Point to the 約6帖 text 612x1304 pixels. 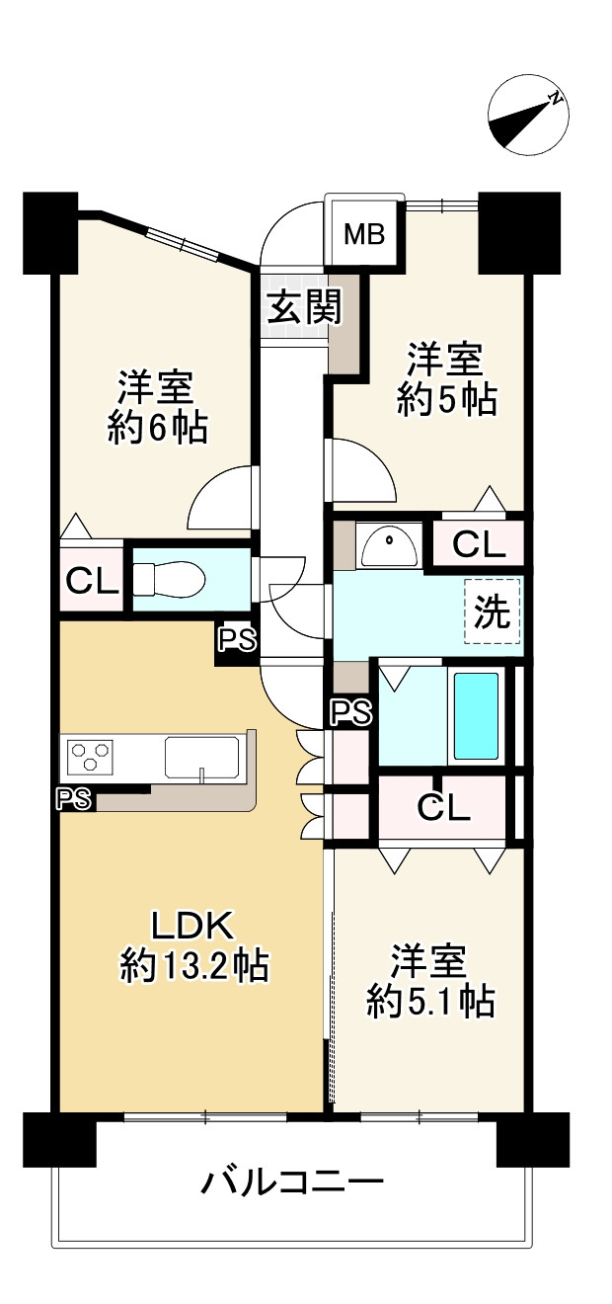click(158, 428)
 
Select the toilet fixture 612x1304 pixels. click(165, 579)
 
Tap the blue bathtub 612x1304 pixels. click(476, 716)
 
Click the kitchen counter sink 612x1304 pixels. click(201, 759)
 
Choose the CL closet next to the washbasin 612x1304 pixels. click(479, 543)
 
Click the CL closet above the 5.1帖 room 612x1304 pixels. click(443, 807)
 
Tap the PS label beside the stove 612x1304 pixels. click(75, 799)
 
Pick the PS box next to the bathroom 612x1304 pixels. click(350, 711)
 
